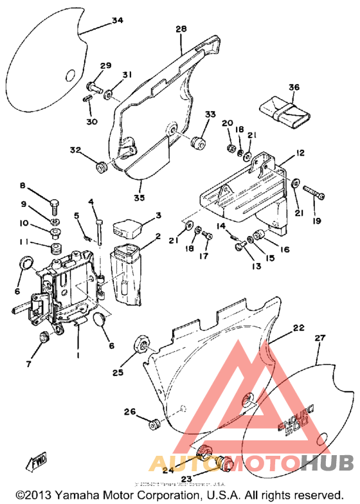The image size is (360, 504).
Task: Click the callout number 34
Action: [117, 21]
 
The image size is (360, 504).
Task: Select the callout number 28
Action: [181, 29]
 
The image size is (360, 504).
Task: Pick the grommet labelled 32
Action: [100, 168]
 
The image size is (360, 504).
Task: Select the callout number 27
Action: [319, 337]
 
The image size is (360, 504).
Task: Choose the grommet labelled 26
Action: [154, 424]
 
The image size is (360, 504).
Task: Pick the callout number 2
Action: [157, 237]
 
